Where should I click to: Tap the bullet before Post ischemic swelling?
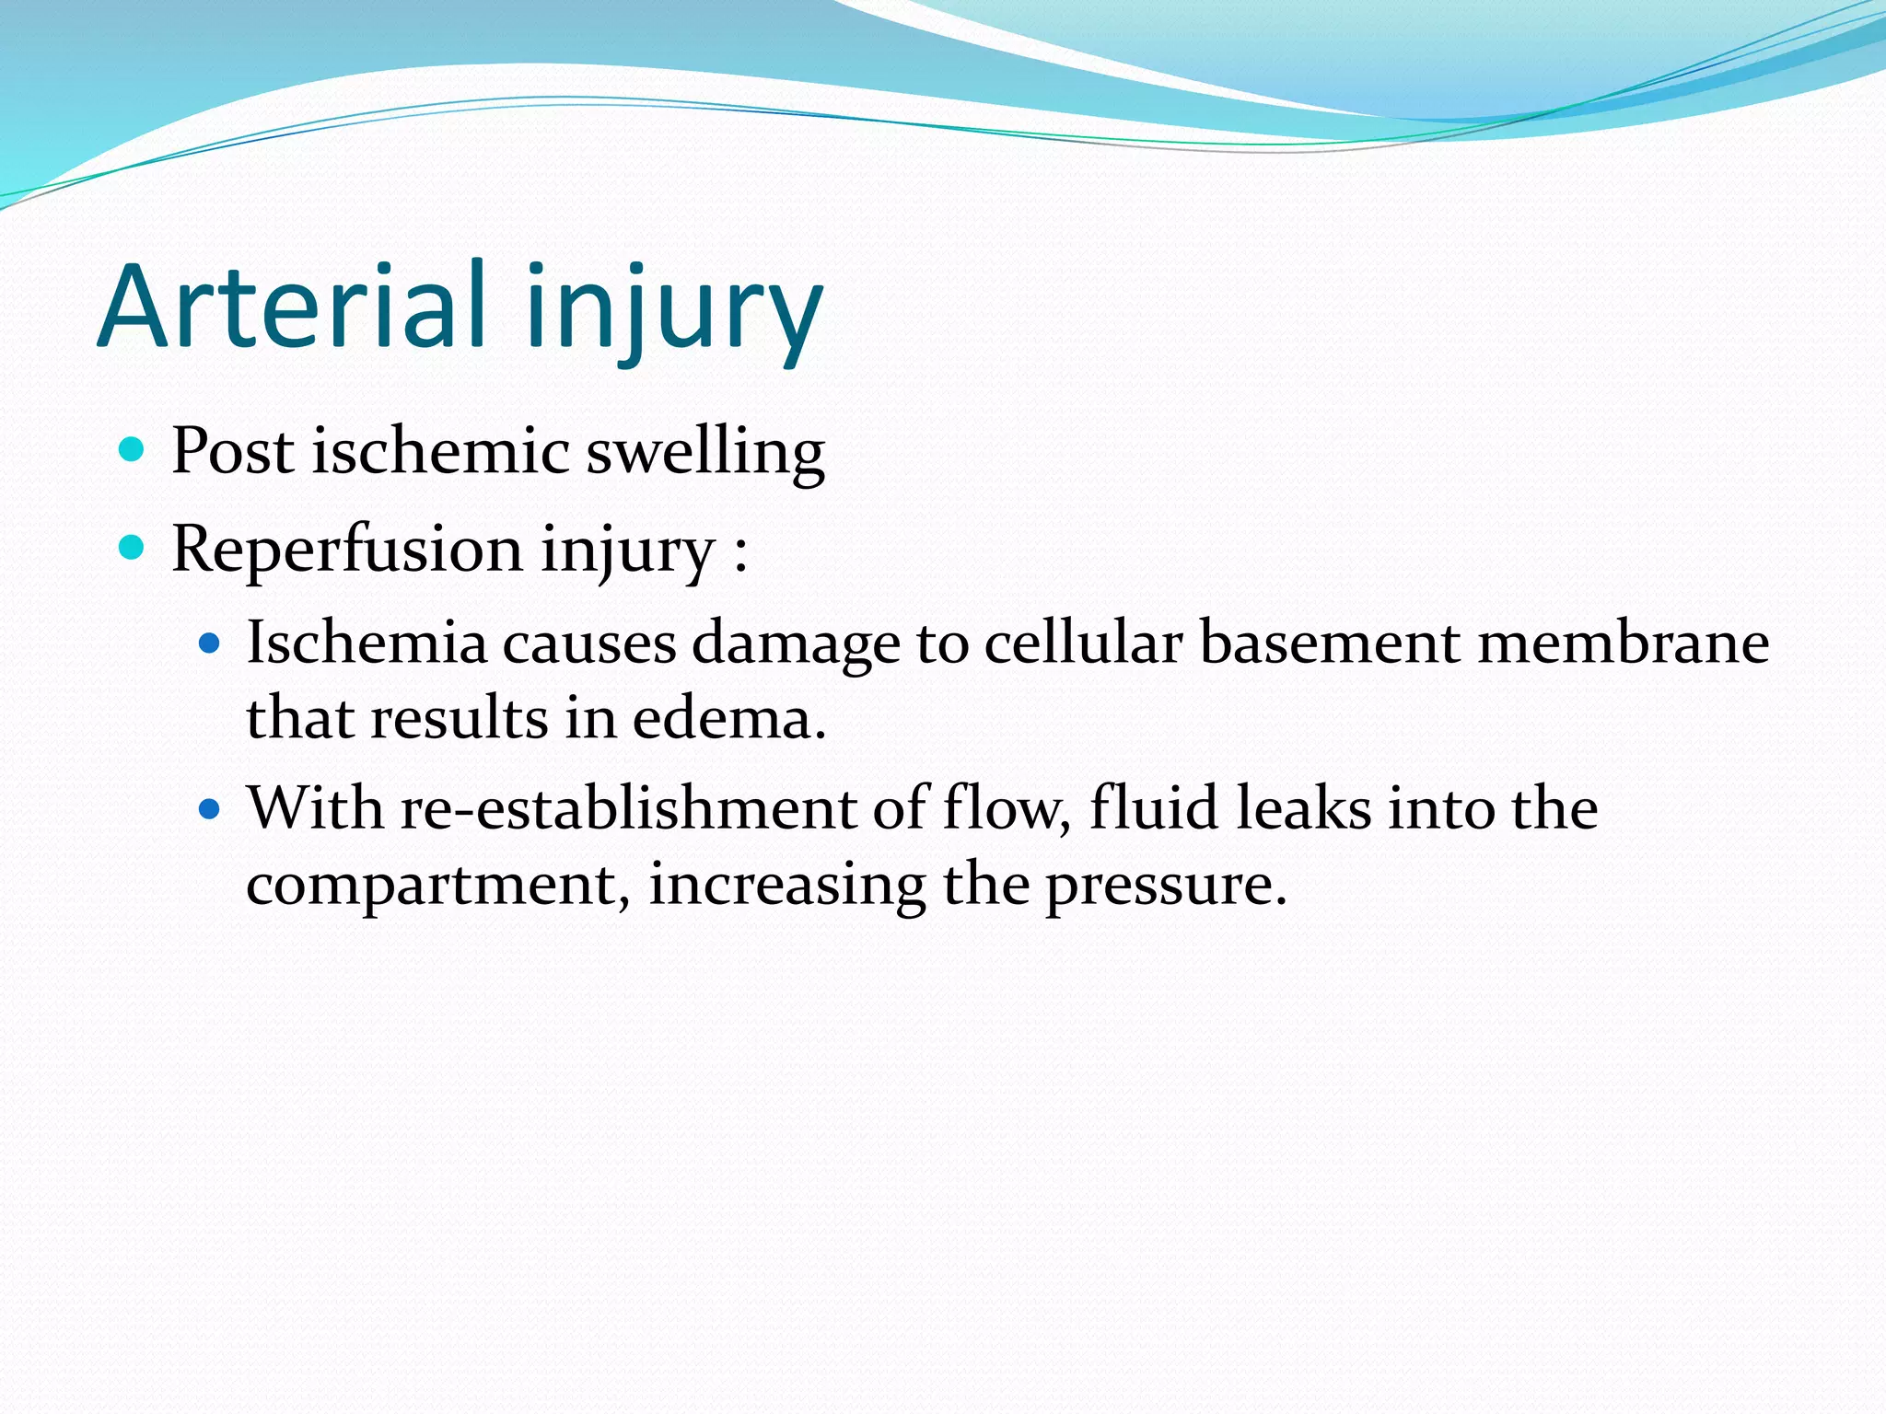tap(133, 449)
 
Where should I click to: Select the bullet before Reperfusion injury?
tap(133, 548)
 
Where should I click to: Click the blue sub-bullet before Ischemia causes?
tap(210, 643)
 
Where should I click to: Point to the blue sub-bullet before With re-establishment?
tap(210, 809)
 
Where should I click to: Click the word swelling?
tap(705, 453)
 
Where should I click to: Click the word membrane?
tap(1623, 643)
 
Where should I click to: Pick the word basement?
tap(1329, 643)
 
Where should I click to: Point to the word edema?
tap(728, 718)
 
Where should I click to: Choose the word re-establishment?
tap(628, 809)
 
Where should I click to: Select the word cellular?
tap(1083, 643)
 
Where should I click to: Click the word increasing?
tap(787, 886)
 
